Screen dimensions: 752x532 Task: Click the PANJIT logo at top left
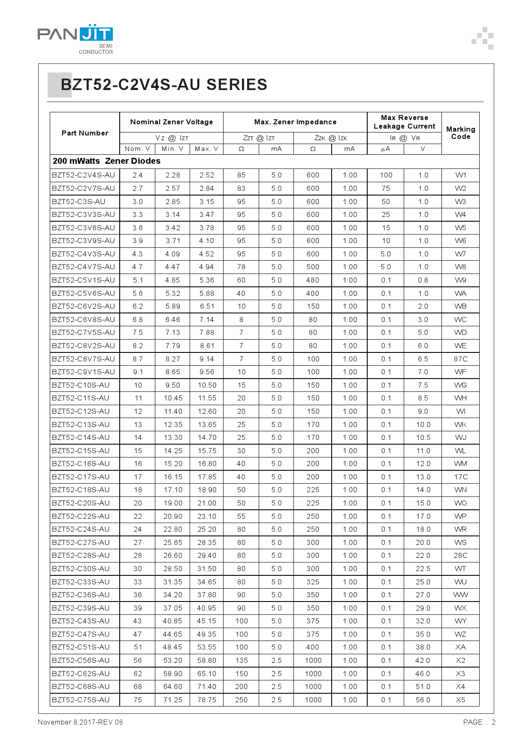(75, 39)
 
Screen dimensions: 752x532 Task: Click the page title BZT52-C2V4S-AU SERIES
(164, 85)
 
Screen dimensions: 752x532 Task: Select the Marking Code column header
(460, 133)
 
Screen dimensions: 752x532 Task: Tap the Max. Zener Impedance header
(295, 122)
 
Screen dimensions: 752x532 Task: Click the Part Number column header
(85, 133)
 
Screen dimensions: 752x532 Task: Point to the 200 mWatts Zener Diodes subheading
(106, 161)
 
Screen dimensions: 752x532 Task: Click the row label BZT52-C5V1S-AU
(84, 280)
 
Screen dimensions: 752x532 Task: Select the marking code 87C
(460, 359)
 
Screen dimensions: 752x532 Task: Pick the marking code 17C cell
(460, 477)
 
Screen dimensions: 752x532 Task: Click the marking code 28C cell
(460, 555)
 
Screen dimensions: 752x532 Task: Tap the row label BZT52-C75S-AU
(81, 700)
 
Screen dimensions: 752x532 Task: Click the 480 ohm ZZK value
(313, 280)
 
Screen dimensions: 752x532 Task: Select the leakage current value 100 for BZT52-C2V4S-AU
(386, 175)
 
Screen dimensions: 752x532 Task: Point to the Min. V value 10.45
(173, 398)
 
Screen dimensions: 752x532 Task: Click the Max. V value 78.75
(207, 700)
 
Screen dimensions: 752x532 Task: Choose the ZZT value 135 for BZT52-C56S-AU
(242, 660)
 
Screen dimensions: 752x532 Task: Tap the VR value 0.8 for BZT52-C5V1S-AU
(423, 280)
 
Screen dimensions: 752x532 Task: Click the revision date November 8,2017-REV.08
(80, 722)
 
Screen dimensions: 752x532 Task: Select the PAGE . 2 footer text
(479, 722)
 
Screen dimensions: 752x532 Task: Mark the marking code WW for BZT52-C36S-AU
(460, 595)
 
